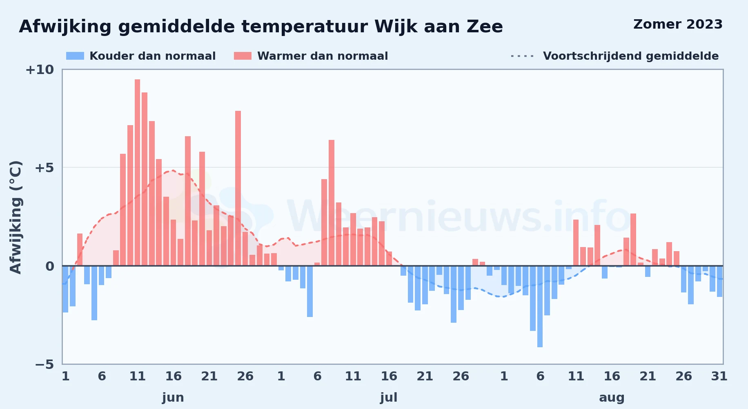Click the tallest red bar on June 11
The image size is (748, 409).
click(137, 173)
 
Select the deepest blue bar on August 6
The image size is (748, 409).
click(540, 306)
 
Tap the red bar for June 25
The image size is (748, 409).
click(238, 189)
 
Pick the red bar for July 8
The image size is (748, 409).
click(332, 203)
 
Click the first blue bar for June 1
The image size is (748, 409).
click(65, 289)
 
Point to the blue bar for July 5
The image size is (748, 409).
click(310, 291)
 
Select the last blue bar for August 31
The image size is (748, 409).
click(719, 281)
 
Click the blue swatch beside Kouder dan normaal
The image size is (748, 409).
click(75, 56)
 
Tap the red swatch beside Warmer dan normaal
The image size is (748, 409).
click(243, 56)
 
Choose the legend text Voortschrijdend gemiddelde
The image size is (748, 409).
click(631, 56)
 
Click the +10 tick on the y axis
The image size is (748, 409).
click(40, 70)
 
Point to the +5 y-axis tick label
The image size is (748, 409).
click(44, 168)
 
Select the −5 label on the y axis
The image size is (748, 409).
click(44, 364)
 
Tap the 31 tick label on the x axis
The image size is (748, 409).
click(719, 376)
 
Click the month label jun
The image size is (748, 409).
click(173, 398)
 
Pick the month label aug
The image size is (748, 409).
click(612, 398)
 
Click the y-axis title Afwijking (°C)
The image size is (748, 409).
click(16, 217)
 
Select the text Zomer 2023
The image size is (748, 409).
click(678, 25)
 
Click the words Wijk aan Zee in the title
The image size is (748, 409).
click(439, 27)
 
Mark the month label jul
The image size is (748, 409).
click(389, 398)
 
